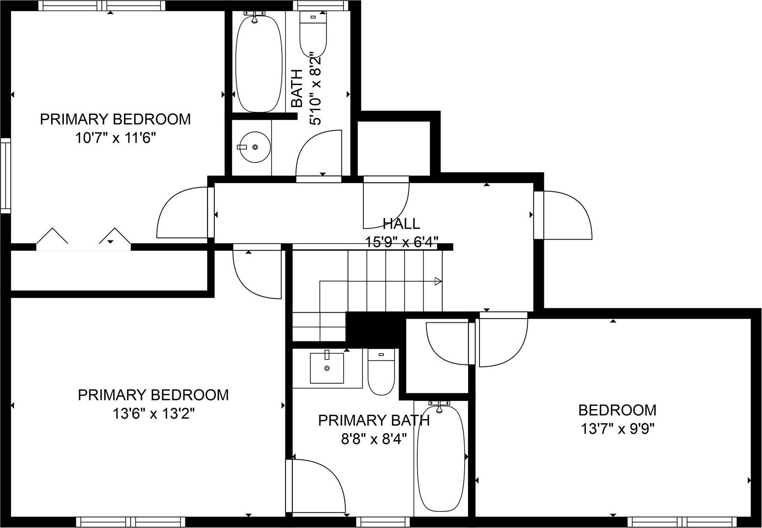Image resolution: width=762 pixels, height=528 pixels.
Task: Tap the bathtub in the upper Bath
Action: [x=258, y=64]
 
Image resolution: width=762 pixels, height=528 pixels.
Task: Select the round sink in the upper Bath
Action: [x=254, y=147]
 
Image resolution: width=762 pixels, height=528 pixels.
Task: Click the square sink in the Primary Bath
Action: [x=327, y=368]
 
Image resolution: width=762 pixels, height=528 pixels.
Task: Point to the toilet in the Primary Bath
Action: [x=381, y=372]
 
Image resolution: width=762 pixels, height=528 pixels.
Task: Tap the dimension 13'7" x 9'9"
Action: [x=617, y=429]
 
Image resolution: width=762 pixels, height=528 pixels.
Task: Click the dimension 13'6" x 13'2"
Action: [x=153, y=413]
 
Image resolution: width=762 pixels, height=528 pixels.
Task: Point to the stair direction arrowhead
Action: [x=438, y=281]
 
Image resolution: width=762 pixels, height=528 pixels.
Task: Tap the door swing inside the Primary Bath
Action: [x=318, y=486]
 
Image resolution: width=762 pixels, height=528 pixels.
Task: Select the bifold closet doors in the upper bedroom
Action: [x=83, y=237]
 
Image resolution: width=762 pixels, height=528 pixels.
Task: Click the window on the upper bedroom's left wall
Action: [x=5, y=176]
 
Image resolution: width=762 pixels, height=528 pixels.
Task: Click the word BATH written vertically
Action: [x=297, y=88]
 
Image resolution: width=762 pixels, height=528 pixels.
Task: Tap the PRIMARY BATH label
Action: [x=374, y=421]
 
